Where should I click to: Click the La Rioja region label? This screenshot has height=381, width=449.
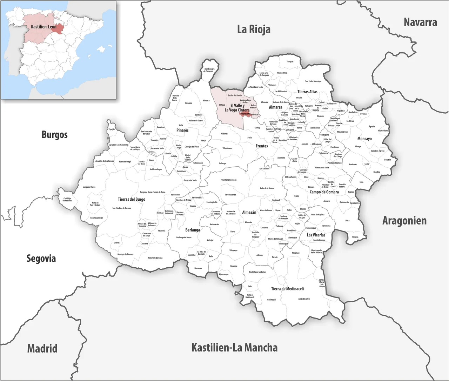(254, 29)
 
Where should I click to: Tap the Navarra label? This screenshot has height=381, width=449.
(420, 22)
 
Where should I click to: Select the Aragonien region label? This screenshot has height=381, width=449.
(404, 221)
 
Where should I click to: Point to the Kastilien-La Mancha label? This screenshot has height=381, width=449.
(234, 348)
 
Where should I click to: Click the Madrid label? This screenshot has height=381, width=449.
(42, 349)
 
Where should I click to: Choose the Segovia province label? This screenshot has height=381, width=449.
(41, 259)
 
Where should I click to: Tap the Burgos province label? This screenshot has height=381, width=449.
(54, 134)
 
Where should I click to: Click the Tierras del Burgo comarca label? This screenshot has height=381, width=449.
(131, 199)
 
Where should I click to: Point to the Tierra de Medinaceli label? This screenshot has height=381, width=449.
(287, 289)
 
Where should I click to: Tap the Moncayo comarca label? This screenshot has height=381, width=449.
(364, 139)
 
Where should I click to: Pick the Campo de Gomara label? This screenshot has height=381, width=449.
(324, 192)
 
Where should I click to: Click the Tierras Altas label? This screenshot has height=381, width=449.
(307, 92)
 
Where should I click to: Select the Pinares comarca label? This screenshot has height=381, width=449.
(182, 130)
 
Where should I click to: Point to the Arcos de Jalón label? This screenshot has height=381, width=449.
(304, 299)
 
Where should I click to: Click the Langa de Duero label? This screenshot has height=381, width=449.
(89, 187)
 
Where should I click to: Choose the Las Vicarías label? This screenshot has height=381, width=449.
(316, 235)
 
